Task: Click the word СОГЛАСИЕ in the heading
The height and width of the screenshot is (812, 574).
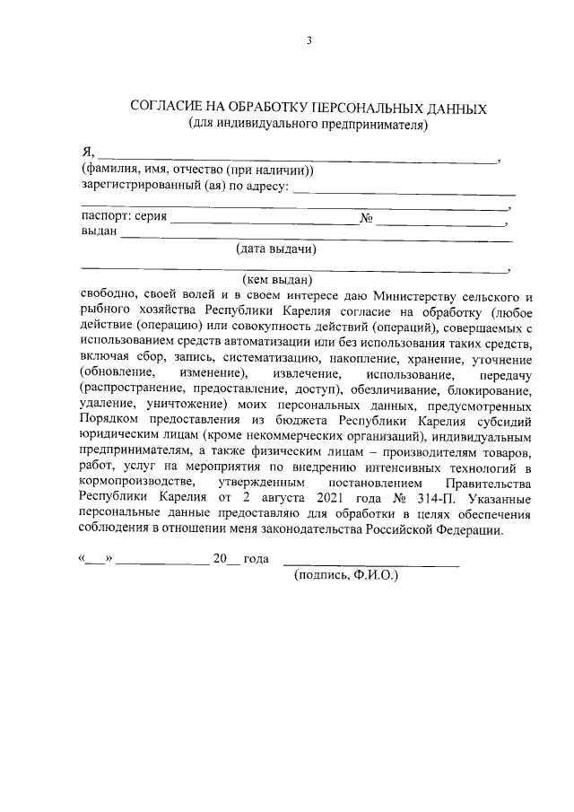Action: (169, 109)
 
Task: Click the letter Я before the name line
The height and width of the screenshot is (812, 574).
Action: (86, 153)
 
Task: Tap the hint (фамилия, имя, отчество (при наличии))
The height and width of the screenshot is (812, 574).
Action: (196, 170)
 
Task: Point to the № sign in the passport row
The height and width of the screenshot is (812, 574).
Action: (366, 218)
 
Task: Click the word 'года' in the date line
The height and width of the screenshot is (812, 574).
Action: (257, 559)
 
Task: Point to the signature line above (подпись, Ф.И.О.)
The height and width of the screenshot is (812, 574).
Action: (371, 563)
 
